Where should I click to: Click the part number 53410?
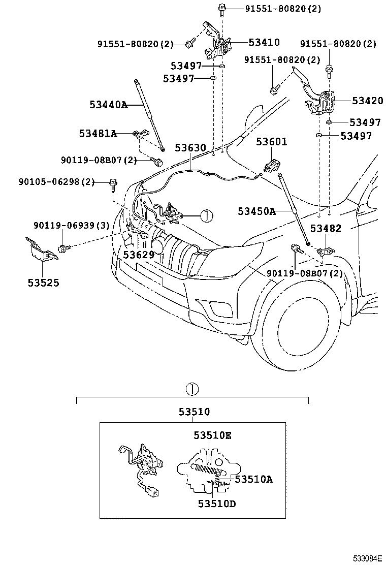click(264, 43)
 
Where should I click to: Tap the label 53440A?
click(108, 105)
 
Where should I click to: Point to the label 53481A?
click(98, 134)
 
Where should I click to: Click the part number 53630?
click(190, 148)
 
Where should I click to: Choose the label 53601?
click(271, 142)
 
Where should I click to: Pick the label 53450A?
click(256, 211)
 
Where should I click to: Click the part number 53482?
click(326, 229)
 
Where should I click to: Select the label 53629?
click(139, 254)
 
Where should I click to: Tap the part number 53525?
click(43, 282)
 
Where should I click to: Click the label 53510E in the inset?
click(212, 435)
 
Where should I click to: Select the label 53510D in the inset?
click(217, 504)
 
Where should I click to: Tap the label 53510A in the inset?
click(253, 479)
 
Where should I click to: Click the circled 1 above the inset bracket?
click(192, 390)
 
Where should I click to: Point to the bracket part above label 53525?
click(42, 250)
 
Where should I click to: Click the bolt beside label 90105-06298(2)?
click(112, 183)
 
